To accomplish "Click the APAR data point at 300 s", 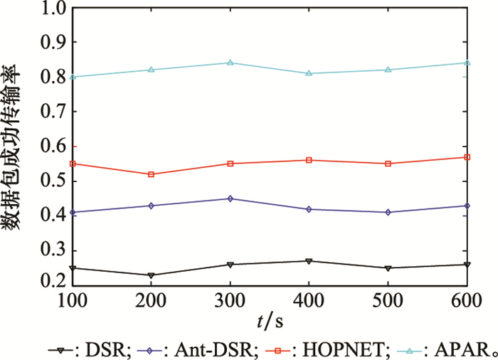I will [x=230, y=63].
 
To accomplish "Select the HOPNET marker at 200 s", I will [x=151, y=174].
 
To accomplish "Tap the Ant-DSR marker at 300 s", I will [x=230, y=198].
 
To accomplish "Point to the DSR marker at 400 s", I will [x=309, y=261].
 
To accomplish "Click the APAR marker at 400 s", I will [x=309, y=73].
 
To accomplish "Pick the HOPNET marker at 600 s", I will [x=467, y=157].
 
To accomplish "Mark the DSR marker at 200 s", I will [x=151, y=275].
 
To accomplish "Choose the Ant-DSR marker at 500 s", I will [x=388, y=212].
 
